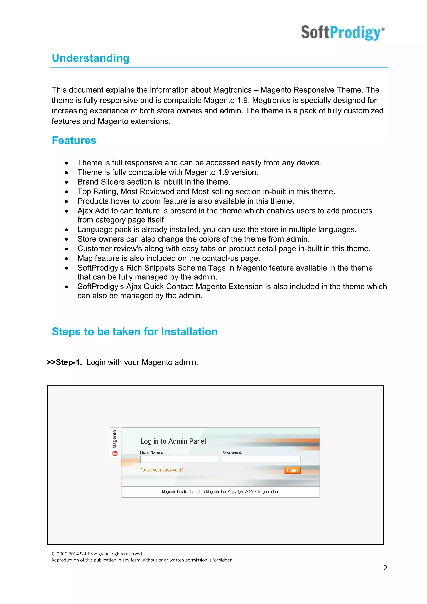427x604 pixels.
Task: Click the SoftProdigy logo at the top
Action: click(342, 33)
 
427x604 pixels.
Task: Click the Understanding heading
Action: click(90, 58)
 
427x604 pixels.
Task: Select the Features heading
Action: click(74, 141)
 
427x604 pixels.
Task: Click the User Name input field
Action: click(180, 459)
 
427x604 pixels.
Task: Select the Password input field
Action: click(261, 459)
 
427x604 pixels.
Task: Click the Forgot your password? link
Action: click(162, 470)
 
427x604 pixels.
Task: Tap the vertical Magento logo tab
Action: click(114, 443)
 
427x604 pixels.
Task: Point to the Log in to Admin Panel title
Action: click(173, 441)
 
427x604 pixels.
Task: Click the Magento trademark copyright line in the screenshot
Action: click(220, 492)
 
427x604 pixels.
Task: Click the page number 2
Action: click(385, 568)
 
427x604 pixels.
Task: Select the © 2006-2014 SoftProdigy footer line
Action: click(97, 554)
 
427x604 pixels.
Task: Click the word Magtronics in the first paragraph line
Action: click(232, 90)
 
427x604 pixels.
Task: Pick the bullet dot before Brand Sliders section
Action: click(67, 182)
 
